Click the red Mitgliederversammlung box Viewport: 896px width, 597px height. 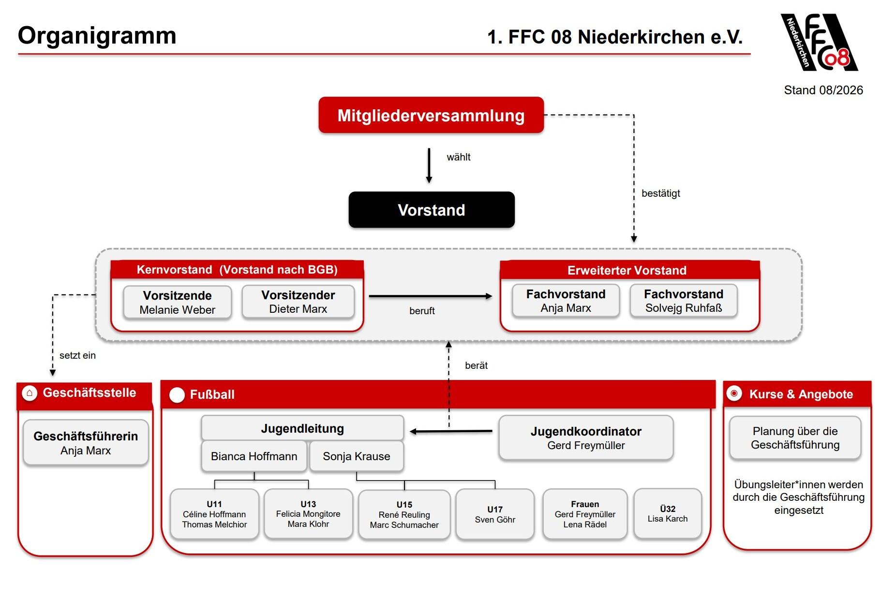tap(431, 115)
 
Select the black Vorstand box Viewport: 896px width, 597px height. tap(432, 210)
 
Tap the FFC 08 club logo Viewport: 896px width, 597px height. tap(819, 43)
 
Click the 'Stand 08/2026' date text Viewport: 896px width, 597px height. tap(823, 90)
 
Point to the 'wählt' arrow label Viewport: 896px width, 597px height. tap(459, 157)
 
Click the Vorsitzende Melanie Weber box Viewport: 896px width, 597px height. tap(177, 303)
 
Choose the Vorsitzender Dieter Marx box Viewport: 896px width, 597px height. tap(298, 302)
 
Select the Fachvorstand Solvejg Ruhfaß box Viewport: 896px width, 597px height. tap(684, 301)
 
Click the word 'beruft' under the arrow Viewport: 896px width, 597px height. tap(422, 311)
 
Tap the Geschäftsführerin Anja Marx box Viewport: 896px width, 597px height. tap(86, 443)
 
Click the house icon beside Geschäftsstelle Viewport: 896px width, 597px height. tap(30, 393)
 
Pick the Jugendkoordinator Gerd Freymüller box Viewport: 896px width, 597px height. tap(586, 438)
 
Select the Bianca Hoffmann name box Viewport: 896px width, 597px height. tap(254, 456)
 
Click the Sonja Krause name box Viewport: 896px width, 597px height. tap(357, 456)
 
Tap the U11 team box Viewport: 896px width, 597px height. tap(214, 514)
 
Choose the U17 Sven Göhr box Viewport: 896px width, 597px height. tap(495, 514)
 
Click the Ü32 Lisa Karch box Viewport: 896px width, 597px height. tap(668, 514)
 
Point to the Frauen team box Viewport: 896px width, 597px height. tap(585, 514)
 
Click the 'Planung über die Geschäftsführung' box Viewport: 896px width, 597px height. tap(795, 438)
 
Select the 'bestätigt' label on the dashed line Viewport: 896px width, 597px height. tap(661, 193)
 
